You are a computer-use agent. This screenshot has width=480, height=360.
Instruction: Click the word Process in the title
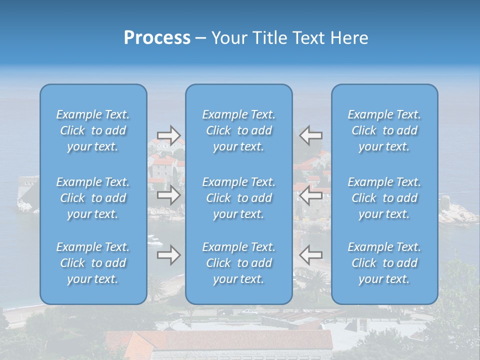click(157, 37)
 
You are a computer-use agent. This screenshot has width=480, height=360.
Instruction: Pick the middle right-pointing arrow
click(168, 195)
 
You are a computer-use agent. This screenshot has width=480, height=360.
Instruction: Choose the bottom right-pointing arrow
click(168, 255)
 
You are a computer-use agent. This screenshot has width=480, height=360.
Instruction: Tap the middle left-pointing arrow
click(310, 195)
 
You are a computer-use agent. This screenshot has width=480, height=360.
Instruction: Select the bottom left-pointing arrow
click(310, 255)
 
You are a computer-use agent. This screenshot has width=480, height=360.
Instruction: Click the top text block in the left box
click(93, 130)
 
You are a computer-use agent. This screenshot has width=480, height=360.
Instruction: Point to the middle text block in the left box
click(93, 198)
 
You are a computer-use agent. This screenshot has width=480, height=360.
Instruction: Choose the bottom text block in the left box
click(93, 263)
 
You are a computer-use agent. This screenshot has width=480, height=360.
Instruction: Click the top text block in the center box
click(239, 130)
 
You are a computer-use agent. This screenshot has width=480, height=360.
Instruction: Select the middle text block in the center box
click(239, 198)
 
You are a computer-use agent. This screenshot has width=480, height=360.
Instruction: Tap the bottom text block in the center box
click(239, 263)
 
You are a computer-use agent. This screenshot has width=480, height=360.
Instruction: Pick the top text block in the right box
click(384, 130)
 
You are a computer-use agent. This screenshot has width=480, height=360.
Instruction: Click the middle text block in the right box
click(384, 198)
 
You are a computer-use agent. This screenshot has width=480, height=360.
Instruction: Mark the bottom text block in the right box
click(384, 263)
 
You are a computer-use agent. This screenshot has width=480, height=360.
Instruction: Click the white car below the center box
click(248, 312)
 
